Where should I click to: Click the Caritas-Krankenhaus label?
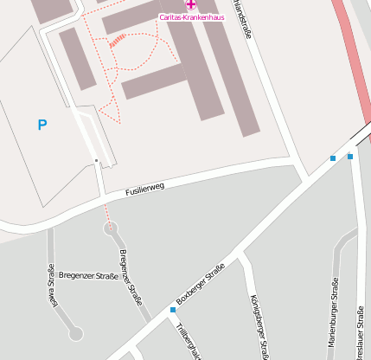(191, 17)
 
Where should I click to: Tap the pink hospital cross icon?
(191, 5)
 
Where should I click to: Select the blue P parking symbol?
(42, 125)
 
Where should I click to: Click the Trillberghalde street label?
(187, 341)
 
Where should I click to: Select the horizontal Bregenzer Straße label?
(88, 276)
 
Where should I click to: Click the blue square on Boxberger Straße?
(173, 310)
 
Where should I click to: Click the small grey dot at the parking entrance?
(95, 160)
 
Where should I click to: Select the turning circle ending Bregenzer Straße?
(110, 228)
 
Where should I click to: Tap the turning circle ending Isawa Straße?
(75, 332)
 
